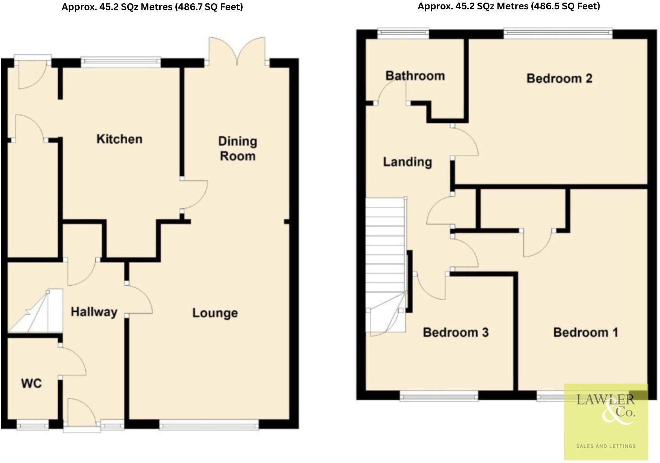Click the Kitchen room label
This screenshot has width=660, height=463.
[x=119, y=139]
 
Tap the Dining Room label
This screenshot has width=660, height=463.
[x=238, y=148]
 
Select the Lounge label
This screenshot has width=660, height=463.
[x=215, y=313]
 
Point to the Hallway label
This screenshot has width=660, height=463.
[x=94, y=312]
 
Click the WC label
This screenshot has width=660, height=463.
[x=31, y=383]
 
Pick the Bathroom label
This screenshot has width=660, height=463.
[x=415, y=76]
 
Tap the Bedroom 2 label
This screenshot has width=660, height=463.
[x=559, y=79]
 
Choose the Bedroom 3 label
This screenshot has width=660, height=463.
[x=456, y=332]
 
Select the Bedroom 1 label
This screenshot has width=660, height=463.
[x=585, y=332]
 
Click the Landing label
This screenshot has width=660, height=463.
[x=408, y=162]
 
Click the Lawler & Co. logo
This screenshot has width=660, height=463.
[x=606, y=409]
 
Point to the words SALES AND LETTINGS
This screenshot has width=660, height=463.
[x=606, y=446]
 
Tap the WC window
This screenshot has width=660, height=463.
[x=33, y=425]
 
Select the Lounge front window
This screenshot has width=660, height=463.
[x=209, y=425]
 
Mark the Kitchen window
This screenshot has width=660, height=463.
[x=121, y=62]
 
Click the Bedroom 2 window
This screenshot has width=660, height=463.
[x=558, y=34]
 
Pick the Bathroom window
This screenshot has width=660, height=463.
[x=403, y=34]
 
